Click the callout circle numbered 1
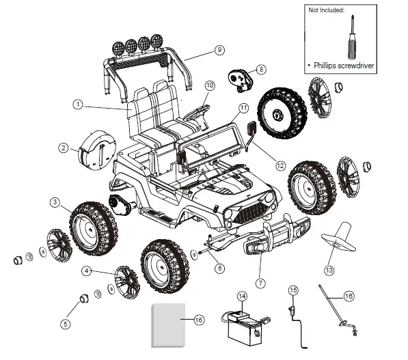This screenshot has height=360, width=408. pos(79,105)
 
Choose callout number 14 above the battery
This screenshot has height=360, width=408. pos(241,296)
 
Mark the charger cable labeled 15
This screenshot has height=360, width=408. pos(294,321)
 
